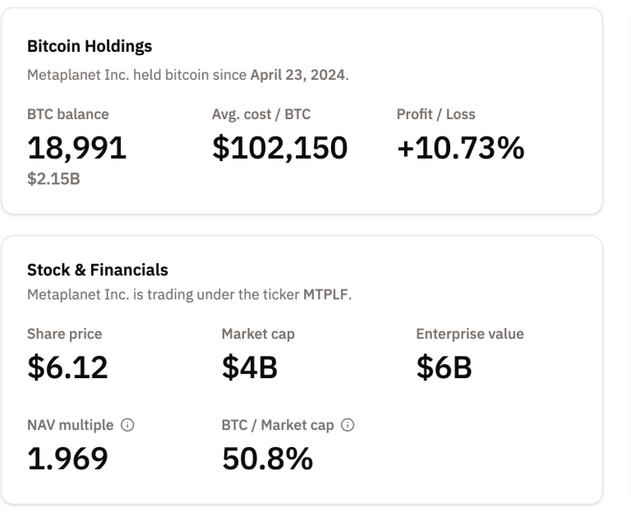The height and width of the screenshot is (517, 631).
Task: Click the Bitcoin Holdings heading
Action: tap(90, 46)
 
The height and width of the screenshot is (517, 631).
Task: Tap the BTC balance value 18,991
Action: tap(77, 147)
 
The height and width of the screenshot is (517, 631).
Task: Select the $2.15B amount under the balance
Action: tap(53, 178)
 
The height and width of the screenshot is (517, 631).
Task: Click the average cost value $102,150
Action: tap(279, 147)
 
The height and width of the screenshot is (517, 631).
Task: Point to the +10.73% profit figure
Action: tap(460, 147)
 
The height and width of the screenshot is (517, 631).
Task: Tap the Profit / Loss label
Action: tap(435, 114)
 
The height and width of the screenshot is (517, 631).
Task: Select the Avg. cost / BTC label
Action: tap(261, 114)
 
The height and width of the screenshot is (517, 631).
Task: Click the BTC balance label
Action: tap(68, 114)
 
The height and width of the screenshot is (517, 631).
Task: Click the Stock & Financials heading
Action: tap(98, 270)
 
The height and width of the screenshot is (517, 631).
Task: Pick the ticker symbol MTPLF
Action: tap(325, 294)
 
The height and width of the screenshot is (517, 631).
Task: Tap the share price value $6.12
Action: tap(67, 367)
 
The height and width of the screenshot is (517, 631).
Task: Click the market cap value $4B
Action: tap(250, 367)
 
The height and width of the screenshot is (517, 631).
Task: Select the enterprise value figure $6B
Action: tap(444, 367)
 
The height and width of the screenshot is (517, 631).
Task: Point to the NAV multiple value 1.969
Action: tap(67, 458)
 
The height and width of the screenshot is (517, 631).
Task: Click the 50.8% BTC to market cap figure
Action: tap(267, 458)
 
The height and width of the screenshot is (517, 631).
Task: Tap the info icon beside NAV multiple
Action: tap(127, 426)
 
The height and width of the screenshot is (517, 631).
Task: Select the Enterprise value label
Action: tap(470, 334)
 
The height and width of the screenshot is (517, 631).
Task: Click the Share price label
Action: tap(65, 334)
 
